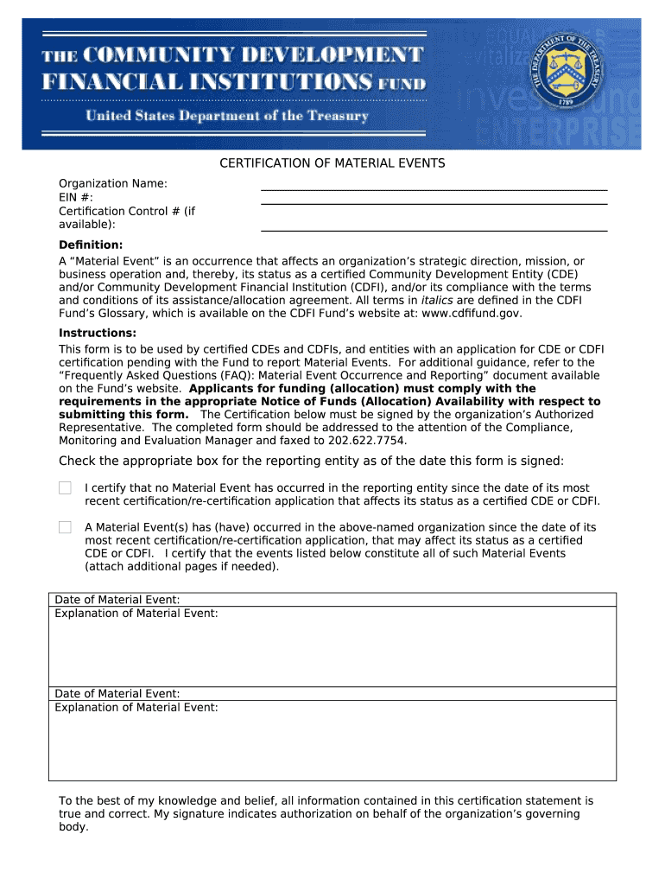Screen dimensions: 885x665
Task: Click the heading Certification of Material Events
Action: pyautogui.click(x=332, y=162)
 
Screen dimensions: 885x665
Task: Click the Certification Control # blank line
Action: pyautogui.click(x=434, y=229)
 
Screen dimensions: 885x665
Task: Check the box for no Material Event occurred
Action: pyautogui.click(x=65, y=488)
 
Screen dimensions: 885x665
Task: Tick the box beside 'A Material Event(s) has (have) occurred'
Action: pyautogui.click(x=65, y=527)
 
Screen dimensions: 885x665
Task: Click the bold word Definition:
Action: pyautogui.click(x=91, y=245)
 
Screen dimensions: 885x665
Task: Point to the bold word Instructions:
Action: pyautogui.click(x=98, y=333)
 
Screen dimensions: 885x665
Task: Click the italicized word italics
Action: pyautogui.click(x=422, y=300)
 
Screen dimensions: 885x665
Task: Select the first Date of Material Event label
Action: pyautogui.click(x=117, y=600)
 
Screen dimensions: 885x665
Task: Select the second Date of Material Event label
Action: pyautogui.click(x=117, y=693)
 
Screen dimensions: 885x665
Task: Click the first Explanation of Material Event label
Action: pyautogui.click(x=136, y=614)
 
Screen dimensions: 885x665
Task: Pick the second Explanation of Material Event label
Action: pyautogui.click(x=136, y=707)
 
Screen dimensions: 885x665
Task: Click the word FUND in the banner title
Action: pyautogui.click(x=402, y=85)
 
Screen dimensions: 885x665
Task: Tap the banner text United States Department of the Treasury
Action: pyautogui.click(x=226, y=116)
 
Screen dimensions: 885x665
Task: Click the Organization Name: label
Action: pyautogui.click(x=113, y=183)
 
